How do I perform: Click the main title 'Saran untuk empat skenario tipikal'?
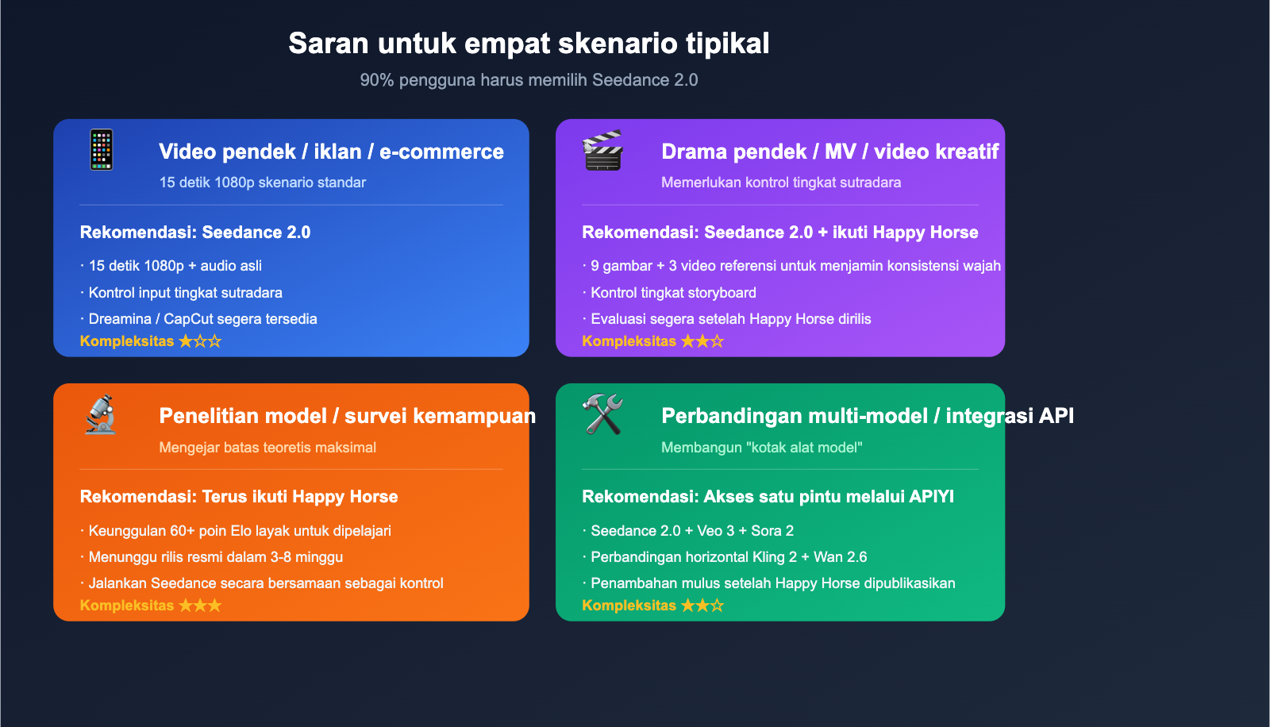pos(529,44)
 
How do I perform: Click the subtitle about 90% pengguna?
pos(529,80)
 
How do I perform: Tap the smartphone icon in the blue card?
pos(102,149)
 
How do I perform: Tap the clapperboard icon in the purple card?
pos(602,150)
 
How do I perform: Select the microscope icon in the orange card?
pos(101,414)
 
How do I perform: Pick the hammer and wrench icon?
pos(602,414)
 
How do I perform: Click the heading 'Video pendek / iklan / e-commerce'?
pos(331,152)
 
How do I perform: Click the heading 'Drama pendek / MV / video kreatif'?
pos(829,152)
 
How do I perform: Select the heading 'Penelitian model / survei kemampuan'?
pos(347,416)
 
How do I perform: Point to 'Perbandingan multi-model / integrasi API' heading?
pos(867,416)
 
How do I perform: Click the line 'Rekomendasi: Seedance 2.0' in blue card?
pos(195,233)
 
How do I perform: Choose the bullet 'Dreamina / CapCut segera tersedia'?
pos(202,319)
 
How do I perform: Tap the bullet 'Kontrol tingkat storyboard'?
pos(673,293)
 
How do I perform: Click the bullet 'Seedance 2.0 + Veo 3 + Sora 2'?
pos(691,531)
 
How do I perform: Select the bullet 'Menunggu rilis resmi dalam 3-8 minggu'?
pos(215,557)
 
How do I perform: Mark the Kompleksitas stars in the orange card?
pos(199,606)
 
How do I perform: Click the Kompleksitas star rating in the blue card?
pos(199,341)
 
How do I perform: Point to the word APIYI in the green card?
pos(932,497)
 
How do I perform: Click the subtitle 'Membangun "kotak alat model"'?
pos(761,448)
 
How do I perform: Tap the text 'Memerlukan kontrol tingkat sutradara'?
pos(781,183)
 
